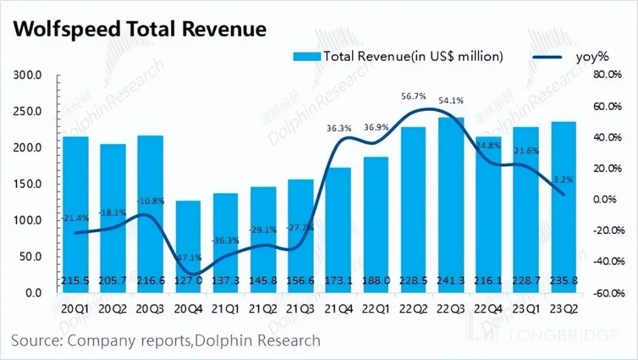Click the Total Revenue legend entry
398,57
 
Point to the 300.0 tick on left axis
28,76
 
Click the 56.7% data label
412,96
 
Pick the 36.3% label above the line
339,127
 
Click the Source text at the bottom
166,341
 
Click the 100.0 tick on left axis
28,220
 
